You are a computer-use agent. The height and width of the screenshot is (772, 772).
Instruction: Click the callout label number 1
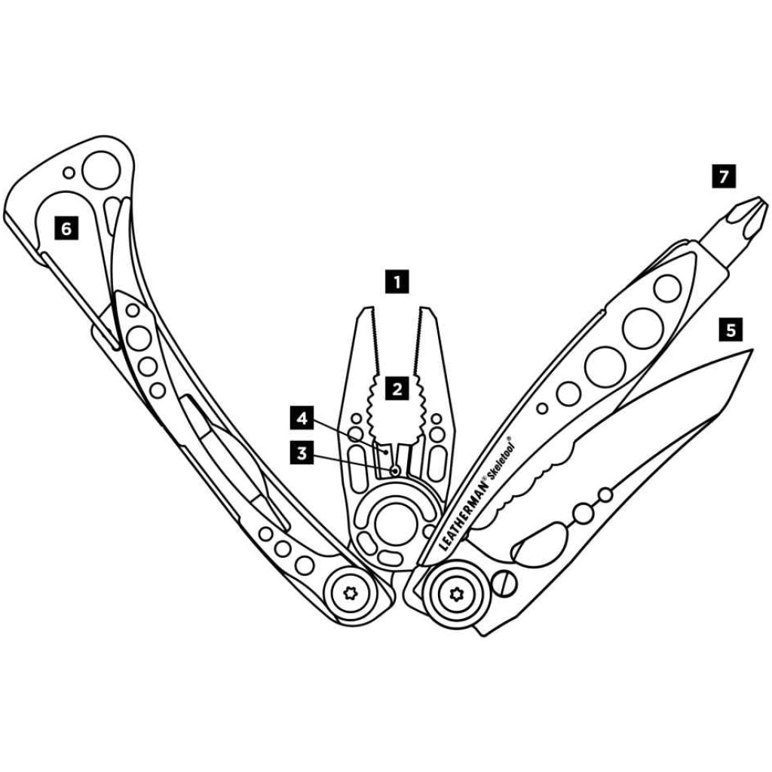[x=397, y=283]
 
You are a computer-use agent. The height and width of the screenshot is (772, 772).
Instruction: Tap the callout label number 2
[x=397, y=389]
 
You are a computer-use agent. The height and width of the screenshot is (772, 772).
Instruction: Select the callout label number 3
[x=302, y=454]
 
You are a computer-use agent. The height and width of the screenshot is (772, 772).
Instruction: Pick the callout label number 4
[x=302, y=417]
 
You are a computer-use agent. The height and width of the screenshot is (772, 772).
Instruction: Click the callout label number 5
[x=730, y=329]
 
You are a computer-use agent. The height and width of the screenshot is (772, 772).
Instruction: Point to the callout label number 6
[x=66, y=228]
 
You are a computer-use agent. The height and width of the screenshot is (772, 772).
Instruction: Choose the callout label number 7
[x=724, y=177]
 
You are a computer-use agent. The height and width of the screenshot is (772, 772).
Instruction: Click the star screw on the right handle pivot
[x=453, y=593]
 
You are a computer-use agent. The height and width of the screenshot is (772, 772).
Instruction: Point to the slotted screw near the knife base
[x=505, y=583]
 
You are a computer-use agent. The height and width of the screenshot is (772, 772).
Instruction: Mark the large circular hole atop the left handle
[x=103, y=170]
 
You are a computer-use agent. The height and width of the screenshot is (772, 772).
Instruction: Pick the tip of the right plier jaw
[x=426, y=311]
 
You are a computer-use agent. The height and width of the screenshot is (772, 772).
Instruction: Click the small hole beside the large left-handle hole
[x=69, y=173]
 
